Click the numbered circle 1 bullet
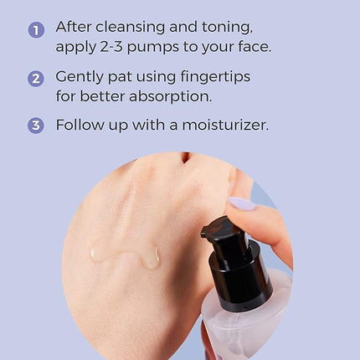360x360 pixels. pos(36,29)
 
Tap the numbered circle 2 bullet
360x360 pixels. pos(36,79)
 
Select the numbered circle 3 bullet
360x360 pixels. pos(36,126)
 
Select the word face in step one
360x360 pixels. pos(253,47)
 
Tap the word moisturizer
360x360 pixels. pos(220,125)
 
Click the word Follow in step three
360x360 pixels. pos(80,125)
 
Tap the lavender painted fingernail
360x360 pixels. pos(243,203)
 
